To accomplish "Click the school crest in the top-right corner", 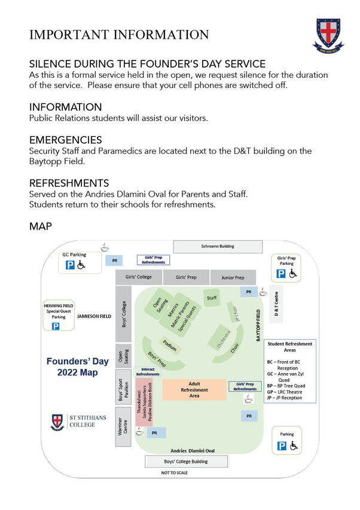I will point(328,35).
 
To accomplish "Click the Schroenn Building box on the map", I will point(218,246).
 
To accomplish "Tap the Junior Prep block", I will point(233,277).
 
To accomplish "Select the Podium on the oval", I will point(169,347).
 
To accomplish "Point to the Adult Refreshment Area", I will point(194,390).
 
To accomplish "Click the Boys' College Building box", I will point(186,462).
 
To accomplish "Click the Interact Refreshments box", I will point(148,371).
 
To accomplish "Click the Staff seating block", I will point(212,297).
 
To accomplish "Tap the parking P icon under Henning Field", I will point(56,326).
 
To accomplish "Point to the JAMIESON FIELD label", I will point(94,316).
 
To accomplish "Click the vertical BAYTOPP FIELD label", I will point(258,325).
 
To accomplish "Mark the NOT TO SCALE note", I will point(174,473).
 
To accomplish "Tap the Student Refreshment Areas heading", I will point(289,347).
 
